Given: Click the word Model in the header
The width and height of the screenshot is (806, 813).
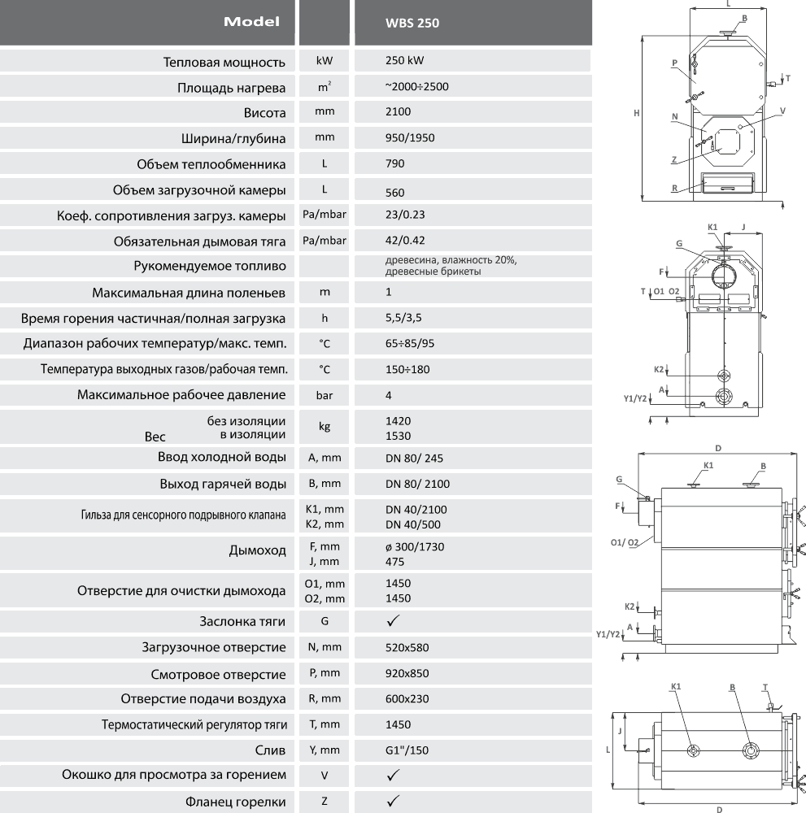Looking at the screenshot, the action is [251, 22].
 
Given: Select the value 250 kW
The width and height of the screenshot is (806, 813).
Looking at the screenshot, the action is [404, 60].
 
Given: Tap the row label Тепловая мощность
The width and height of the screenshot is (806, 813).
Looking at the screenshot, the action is [224, 63].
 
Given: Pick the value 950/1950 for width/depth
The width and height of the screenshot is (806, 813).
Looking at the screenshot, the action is [410, 138].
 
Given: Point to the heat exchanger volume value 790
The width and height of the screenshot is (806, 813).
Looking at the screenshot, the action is [394, 164].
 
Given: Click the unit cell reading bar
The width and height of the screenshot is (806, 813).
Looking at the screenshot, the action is [325, 396].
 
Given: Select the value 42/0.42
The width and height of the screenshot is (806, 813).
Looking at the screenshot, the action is [405, 241].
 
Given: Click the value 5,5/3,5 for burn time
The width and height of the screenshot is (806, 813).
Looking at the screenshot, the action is [403, 318].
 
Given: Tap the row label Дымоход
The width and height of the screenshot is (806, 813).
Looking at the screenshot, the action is [257, 550].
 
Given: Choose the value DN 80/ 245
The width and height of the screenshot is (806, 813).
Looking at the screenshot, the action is [414, 459].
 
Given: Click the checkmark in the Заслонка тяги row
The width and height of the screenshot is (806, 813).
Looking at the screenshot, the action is [394, 620].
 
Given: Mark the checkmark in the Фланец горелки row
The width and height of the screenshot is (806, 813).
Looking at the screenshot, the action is [394, 801].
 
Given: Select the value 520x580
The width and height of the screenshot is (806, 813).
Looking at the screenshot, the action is [407, 648].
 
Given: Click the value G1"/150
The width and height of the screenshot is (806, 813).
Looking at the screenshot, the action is [407, 750].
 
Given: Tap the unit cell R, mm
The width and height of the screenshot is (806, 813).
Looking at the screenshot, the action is [325, 699].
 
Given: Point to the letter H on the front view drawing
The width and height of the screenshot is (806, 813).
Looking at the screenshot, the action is [636, 113].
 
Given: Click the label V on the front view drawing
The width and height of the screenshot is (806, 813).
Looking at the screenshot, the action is [782, 111].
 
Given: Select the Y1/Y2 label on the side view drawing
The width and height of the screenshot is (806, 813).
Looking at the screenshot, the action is [608, 634].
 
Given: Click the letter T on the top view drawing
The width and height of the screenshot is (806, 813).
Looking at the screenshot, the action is [765, 688].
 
